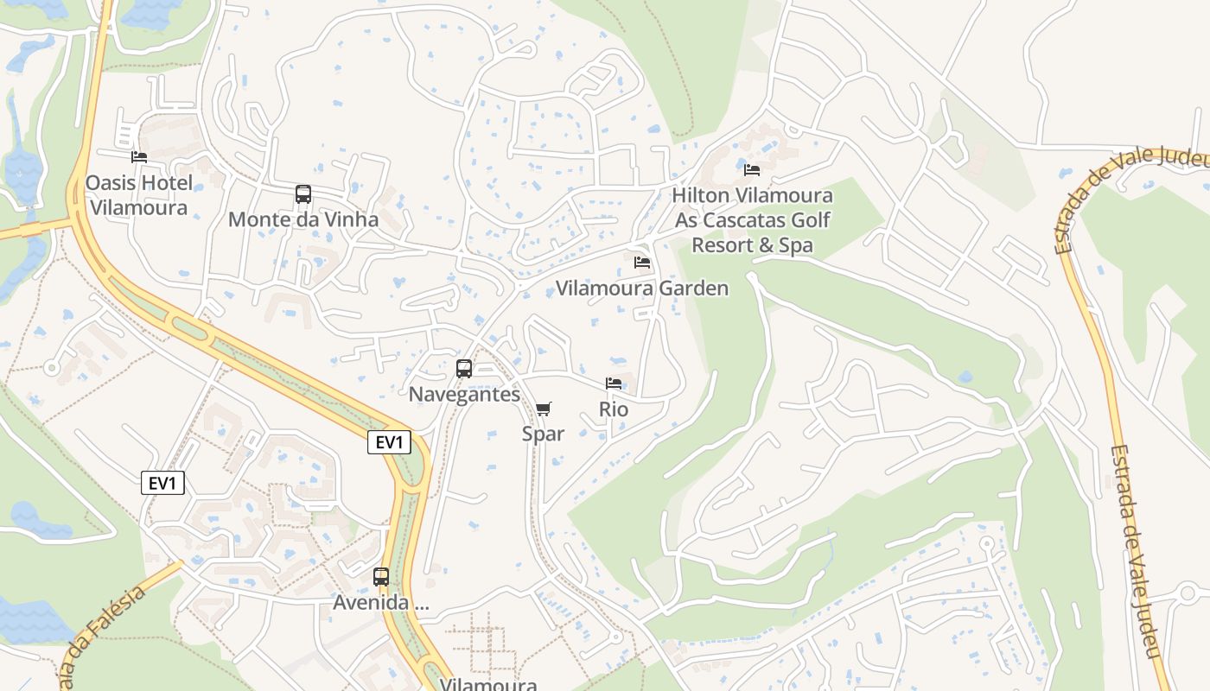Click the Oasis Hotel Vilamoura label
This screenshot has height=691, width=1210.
pos(139,195)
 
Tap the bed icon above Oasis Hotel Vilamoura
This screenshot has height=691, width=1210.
pos(139,157)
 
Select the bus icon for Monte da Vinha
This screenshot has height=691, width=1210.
pos(302,194)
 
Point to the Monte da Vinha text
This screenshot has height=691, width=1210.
pos(302,219)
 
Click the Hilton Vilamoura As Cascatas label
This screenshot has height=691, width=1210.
pos(751,220)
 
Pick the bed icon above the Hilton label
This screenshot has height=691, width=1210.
pos(752,169)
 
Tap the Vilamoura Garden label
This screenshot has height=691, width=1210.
pos(641,288)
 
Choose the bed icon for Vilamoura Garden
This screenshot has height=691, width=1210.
pos(641,263)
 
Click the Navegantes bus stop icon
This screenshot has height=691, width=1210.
pos(464,369)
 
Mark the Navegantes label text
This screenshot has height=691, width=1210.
pos(464,395)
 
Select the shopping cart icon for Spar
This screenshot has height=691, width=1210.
pos(543,409)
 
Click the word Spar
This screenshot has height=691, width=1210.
pos(543,434)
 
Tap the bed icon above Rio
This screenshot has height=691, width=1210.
pos(614,384)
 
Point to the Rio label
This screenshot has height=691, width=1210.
pos(614,409)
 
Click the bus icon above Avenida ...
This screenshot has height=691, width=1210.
pos(381,577)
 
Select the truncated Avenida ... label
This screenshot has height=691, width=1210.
pos(381,603)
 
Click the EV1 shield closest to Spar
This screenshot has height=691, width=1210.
pos(389,443)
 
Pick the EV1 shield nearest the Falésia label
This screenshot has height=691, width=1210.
pos(162,483)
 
